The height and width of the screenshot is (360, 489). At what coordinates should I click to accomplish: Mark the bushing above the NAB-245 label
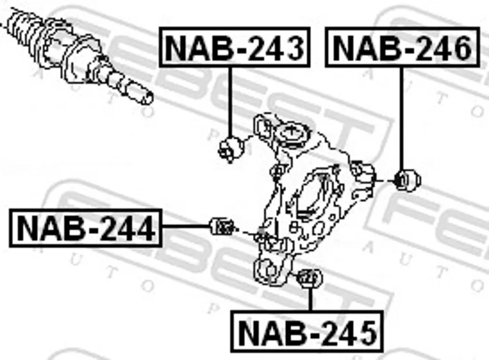pyautogui.click(x=311, y=278)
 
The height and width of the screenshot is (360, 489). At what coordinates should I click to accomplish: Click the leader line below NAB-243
pyautogui.click(x=230, y=102)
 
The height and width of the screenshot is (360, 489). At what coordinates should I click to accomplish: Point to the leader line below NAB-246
pyautogui.click(x=402, y=119)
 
